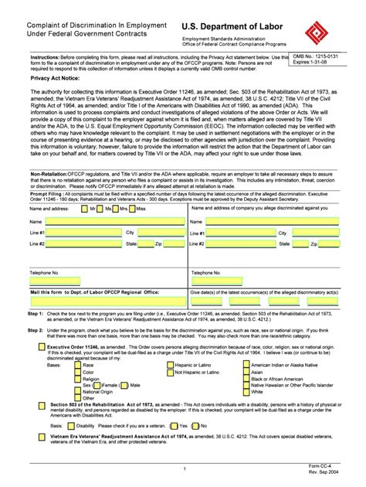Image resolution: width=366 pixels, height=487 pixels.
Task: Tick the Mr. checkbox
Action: tap(84, 209)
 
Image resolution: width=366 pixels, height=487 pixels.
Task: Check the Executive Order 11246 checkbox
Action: tap(42, 348)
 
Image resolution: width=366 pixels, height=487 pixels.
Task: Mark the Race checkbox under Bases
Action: tap(77, 364)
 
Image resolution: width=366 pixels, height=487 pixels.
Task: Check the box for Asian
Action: tap(246, 372)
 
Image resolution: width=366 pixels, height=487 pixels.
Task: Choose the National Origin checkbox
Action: tap(77, 392)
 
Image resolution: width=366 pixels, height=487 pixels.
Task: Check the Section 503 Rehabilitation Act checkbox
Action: tap(42, 406)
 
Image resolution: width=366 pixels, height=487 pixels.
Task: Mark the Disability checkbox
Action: tap(70, 425)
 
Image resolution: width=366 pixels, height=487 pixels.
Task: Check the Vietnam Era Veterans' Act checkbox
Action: tap(42, 438)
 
